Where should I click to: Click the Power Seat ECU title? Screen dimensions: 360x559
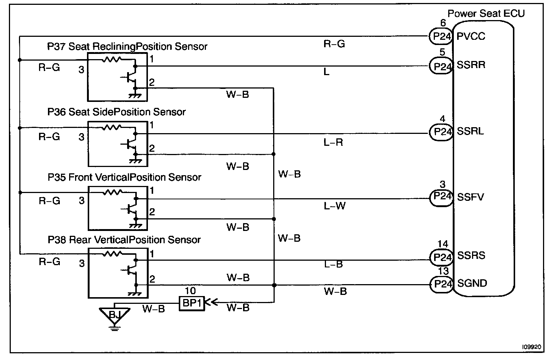coord(486,14)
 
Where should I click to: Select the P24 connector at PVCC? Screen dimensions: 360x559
coord(441,36)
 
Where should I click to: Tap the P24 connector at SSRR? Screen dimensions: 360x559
coord(441,66)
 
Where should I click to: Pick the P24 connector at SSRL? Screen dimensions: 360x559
coord(441,132)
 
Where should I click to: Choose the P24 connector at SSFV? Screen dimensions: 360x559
coord(441,197)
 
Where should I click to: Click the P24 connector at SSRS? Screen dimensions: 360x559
coord(441,257)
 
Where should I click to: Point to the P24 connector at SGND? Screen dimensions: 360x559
coord(441,285)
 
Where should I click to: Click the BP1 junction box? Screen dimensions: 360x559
coord(192,303)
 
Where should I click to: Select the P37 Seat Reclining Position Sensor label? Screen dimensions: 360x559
coord(127,46)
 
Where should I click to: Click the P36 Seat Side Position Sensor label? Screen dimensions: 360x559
coord(116,112)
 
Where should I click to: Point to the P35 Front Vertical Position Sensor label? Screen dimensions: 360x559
coord(124,177)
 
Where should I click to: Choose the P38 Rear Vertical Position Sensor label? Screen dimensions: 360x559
coord(124,240)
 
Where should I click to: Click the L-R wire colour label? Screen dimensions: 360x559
coord(333,142)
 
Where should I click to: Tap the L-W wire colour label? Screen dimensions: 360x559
coord(335,205)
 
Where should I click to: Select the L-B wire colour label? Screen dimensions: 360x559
coord(333,264)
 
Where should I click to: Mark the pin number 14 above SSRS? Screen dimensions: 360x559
coord(443,244)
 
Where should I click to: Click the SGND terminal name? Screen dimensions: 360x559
coord(472,283)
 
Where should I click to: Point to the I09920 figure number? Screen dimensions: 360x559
coord(532,347)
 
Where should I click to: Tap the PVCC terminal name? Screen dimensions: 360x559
coord(471,36)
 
